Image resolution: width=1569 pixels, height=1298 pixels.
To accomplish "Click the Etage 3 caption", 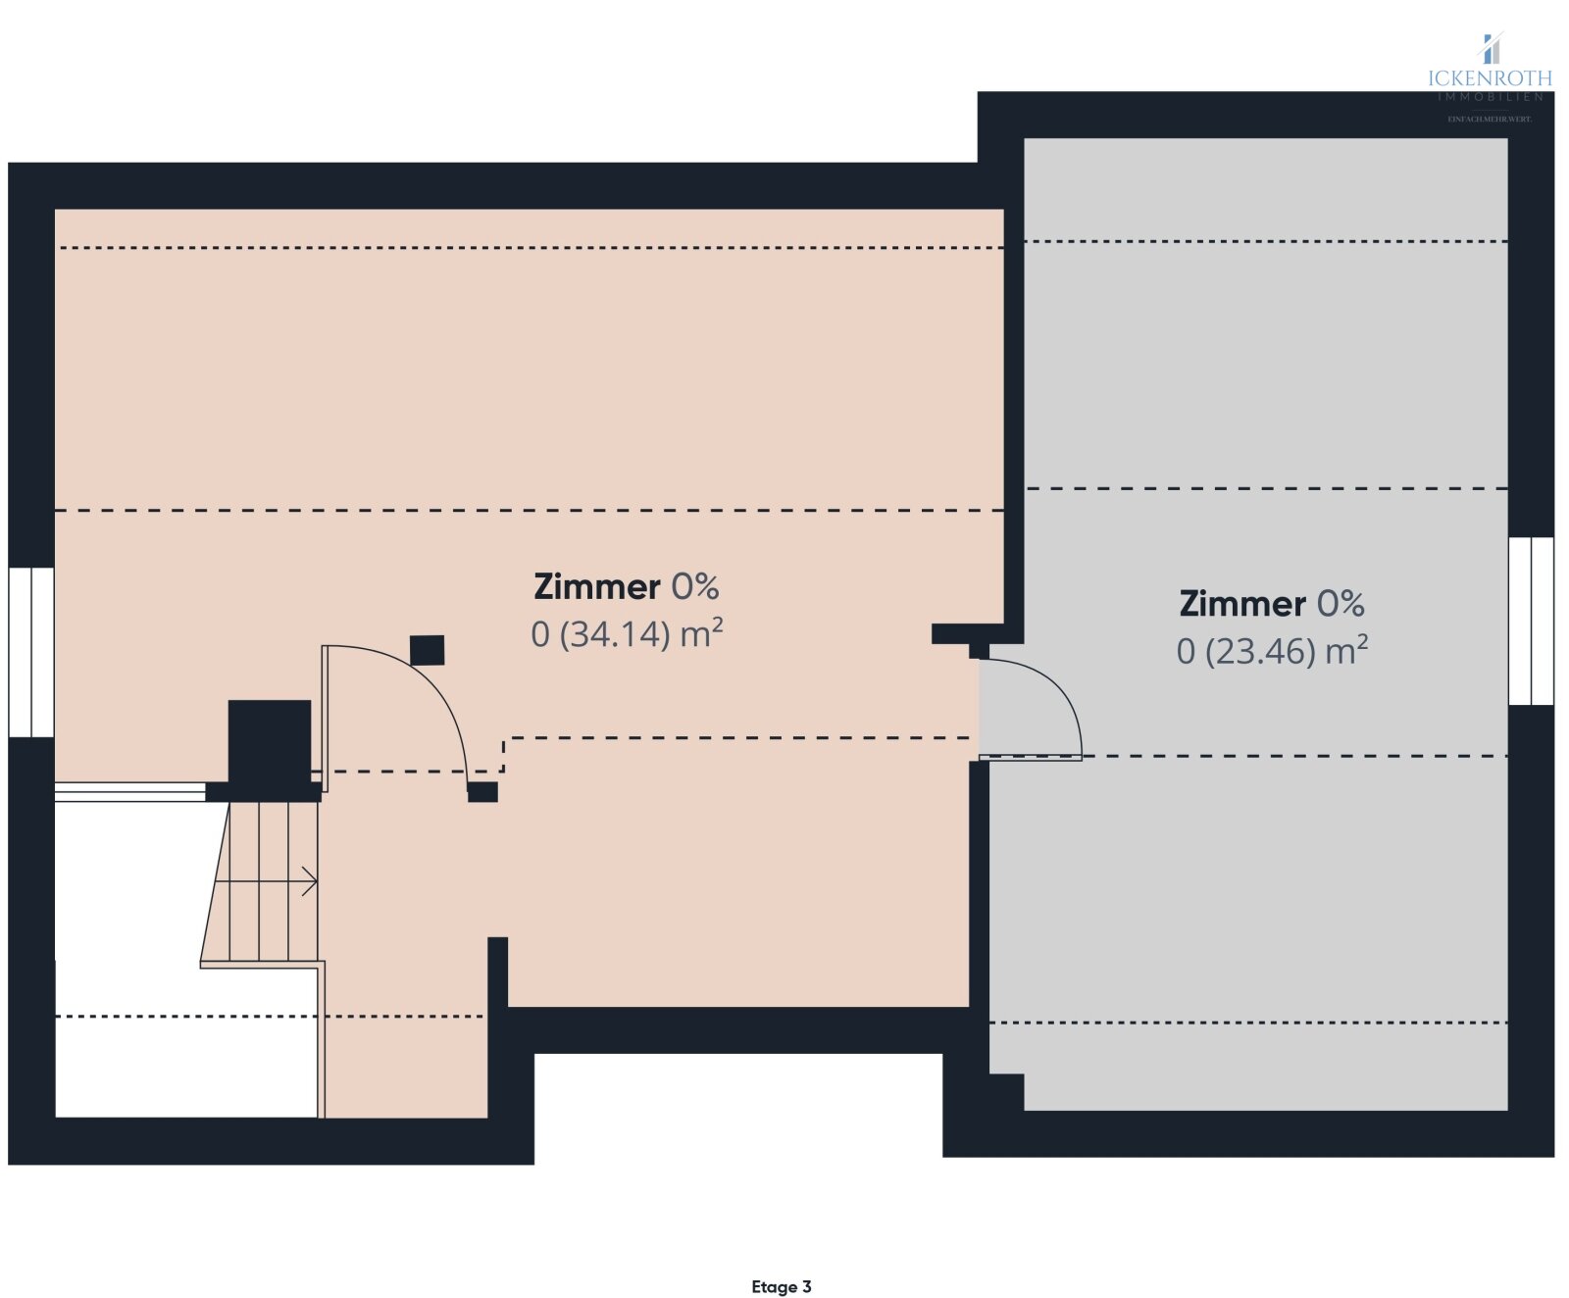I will pyautogui.click(x=781, y=1286).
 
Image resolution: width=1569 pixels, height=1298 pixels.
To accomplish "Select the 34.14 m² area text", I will pyautogui.click(x=627, y=634).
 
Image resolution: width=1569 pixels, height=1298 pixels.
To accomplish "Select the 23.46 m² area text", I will pyautogui.click(x=1272, y=651).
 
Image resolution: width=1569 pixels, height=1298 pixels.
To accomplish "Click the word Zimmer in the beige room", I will pyautogui.click(x=596, y=586).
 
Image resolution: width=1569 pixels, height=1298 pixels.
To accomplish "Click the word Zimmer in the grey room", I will pyautogui.click(x=1241, y=603).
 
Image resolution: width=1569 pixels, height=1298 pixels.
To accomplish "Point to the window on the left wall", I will pyautogui.click(x=31, y=652).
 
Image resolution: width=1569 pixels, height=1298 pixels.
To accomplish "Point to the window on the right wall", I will pyautogui.click(x=1531, y=621).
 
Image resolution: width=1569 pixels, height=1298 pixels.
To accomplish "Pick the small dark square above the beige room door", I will pyautogui.click(x=427, y=650).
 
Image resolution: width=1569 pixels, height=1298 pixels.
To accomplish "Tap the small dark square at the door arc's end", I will pyautogui.click(x=482, y=792).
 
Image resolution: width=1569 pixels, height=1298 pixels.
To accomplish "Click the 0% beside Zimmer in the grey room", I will pyautogui.click(x=1340, y=603).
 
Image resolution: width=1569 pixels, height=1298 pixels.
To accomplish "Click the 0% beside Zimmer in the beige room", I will pyautogui.click(x=694, y=586).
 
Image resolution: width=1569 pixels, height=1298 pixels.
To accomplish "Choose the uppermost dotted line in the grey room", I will pyautogui.click(x=1265, y=241).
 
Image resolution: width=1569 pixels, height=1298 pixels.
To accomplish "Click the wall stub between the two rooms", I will pyautogui.click(x=966, y=634).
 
